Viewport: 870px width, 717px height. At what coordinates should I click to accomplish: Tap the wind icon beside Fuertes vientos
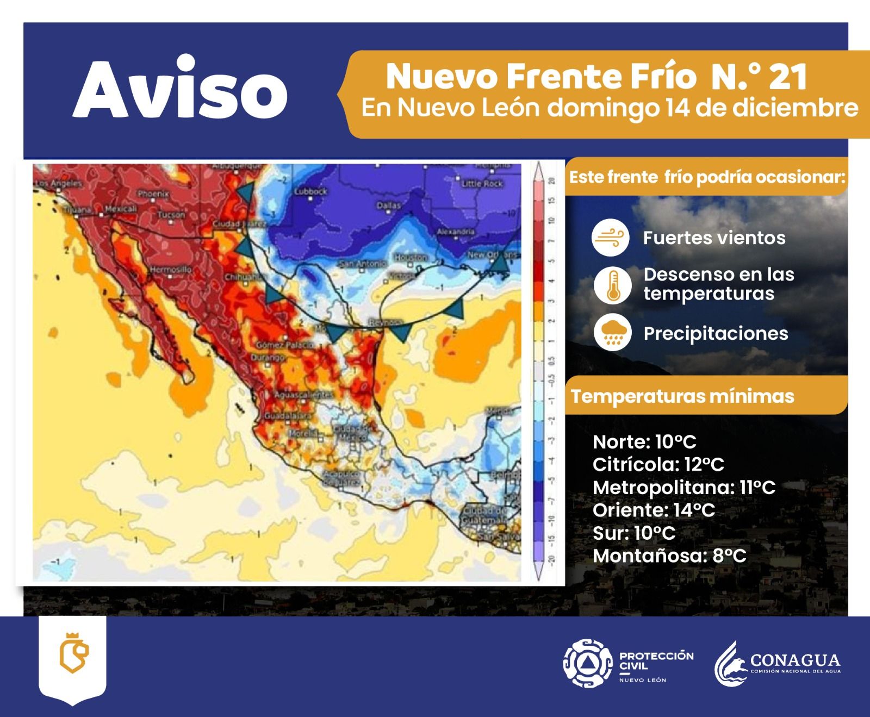[611, 238]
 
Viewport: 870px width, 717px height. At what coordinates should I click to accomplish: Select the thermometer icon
[612, 285]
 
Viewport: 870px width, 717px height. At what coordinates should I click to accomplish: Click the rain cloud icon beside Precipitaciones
[612, 333]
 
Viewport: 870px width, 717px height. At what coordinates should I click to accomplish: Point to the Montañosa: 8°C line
[669, 556]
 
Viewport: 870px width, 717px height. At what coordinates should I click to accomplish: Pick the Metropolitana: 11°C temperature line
[683, 487]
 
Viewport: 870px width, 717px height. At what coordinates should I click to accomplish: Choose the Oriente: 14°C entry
[654, 510]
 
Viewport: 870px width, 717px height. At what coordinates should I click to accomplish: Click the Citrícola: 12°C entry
[658, 464]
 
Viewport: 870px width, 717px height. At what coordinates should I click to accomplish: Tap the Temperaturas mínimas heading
[682, 396]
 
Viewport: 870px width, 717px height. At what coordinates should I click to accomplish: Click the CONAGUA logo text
[795, 661]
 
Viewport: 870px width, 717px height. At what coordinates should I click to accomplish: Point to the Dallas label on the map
[389, 205]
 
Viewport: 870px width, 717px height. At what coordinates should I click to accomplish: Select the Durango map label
[268, 358]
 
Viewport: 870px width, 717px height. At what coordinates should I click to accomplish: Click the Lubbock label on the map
[311, 191]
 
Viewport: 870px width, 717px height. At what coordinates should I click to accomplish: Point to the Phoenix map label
[154, 194]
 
